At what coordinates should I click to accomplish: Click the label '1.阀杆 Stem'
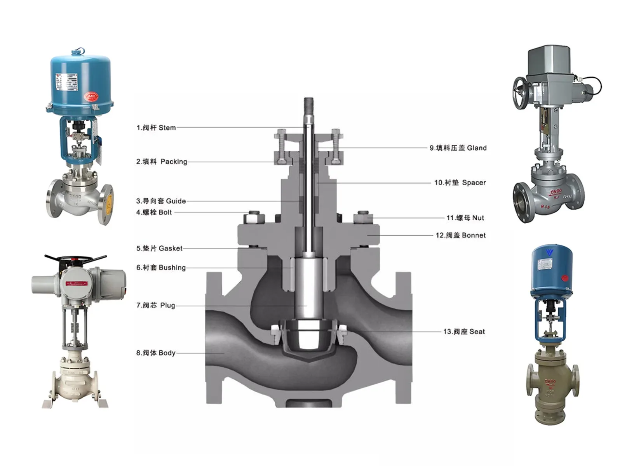(x=156, y=128)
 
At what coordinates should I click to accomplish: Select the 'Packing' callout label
(x=162, y=162)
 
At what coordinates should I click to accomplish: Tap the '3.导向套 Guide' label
(x=161, y=201)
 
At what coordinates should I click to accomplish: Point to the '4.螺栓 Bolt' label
(x=154, y=212)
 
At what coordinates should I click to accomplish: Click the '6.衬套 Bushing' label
(x=161, y=268)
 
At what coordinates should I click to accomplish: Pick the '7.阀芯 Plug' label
(x=155, y=306)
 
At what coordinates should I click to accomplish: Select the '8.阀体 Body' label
(x=156, y=353)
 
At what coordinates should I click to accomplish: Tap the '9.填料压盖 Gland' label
(x=458, y=148)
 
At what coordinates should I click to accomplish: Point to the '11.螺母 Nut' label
(x=465, y=218)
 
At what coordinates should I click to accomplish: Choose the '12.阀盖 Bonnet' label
(x=460, y=235)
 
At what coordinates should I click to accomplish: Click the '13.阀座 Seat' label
(x=464, y=332)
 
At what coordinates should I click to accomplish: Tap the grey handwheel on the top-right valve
(x=521, y=92)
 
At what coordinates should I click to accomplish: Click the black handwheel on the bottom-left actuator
(x=75, y=259)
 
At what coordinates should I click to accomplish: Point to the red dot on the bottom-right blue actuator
(x=565, y=278)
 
